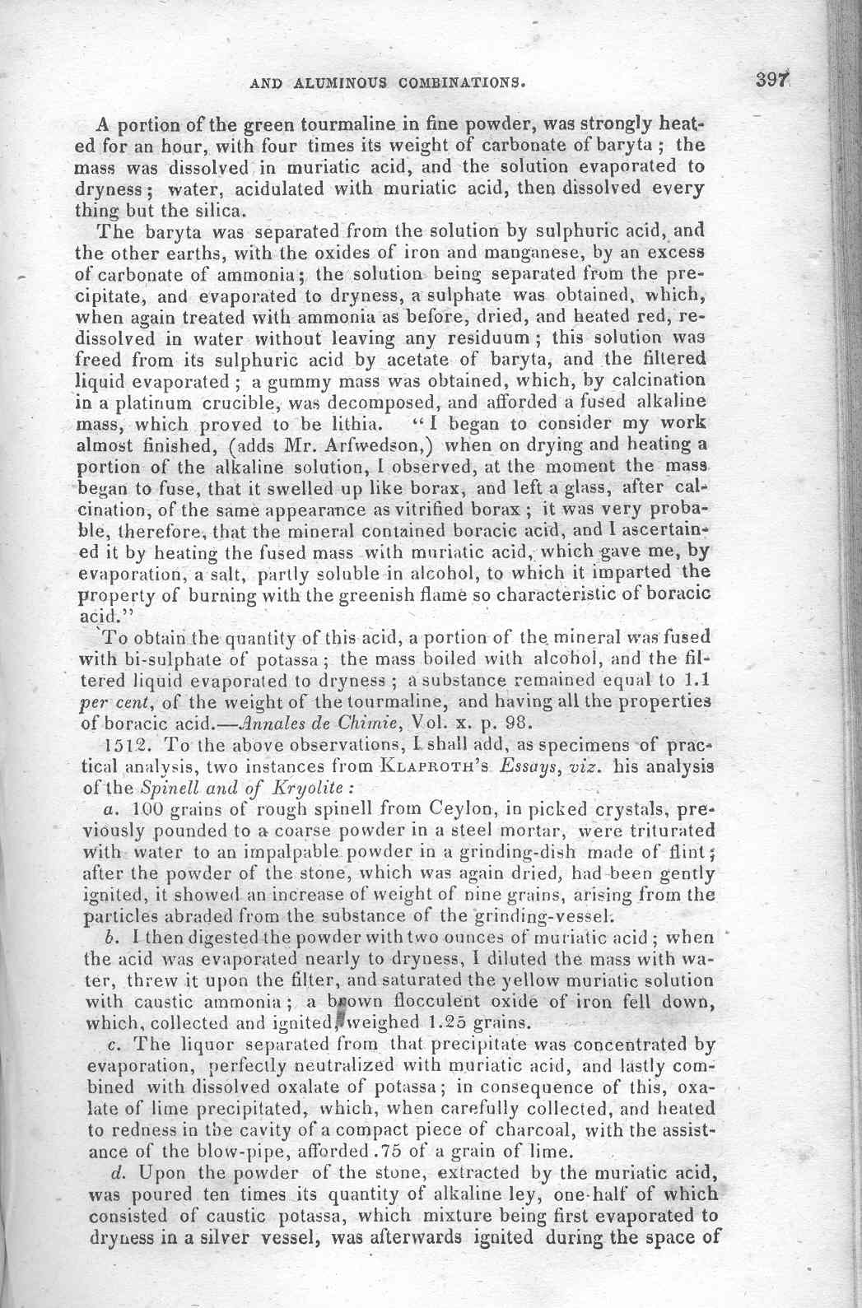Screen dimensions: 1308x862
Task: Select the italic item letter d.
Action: coord(115,1171)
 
